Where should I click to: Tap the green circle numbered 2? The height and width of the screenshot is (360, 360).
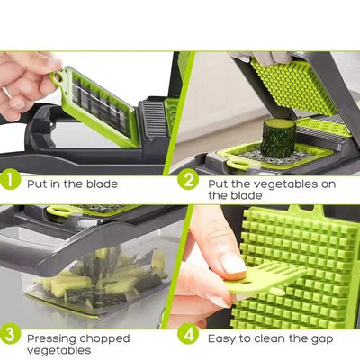coord(189,179)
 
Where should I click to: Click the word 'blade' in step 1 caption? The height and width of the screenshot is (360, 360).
coord(99,184)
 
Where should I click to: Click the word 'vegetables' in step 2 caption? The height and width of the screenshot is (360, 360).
coord(273,183)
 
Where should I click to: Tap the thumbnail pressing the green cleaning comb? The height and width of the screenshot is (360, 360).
coord(232,263)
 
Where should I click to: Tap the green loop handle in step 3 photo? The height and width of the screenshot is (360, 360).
coord(62,211)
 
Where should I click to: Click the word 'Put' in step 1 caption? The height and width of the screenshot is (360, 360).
coord(38,184)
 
